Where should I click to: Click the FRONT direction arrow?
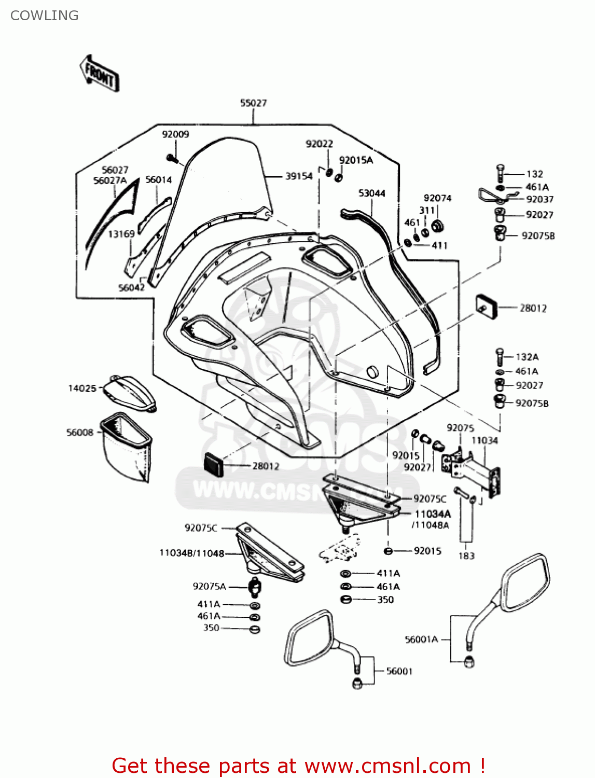[100, 74]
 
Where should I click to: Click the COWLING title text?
[45, 16]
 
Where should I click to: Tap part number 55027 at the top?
[253, 103]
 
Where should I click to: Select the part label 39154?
[299, 176]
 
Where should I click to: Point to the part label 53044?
[371, 193]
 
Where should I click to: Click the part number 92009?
[175, 134]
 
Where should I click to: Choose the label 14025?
[82, 388]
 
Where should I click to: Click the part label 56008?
[80, 433]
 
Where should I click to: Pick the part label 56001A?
[421, 640]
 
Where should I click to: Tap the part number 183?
[466, 555]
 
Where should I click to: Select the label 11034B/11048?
[191, 553]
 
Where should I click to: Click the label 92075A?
[209, 587]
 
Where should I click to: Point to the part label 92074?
[437, 198]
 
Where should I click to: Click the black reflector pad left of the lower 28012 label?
[213, 464]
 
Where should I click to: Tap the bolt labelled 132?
[500, 173]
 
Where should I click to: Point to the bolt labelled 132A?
[500, 356]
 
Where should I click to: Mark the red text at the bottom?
[298, 766]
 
